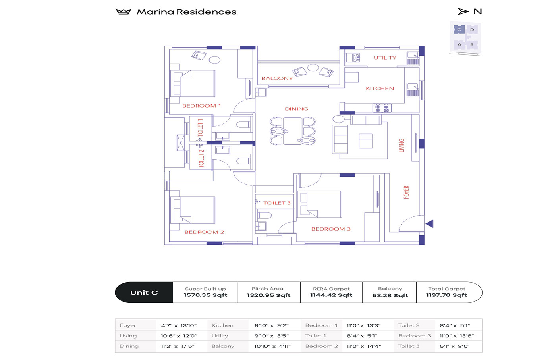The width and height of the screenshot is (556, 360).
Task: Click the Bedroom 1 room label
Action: (x=201, y=106)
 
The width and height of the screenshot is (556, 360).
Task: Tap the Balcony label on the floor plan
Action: (x=277, y=78)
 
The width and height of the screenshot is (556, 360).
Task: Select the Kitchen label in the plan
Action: (x=380, y=89)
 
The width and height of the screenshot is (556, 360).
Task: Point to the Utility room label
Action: (x=385, y=58)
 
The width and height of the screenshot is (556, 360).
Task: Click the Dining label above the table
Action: (x=296, y=109)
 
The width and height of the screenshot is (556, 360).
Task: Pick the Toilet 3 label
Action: (x=277, y=203)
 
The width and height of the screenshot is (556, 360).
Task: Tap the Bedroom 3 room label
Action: (x=331, y=229)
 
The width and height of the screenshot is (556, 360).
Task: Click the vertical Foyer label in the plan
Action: (x=406, y=192)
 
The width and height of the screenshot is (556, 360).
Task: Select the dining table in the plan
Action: (x=293, y=131)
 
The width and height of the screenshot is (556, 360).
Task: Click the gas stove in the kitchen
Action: (x=382, y=108)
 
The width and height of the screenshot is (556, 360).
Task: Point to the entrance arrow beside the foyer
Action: (x=429, y=224)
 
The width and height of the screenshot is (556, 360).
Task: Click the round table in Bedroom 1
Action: (x=214, y=60)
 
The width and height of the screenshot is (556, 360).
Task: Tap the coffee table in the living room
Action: (x=365, y=141)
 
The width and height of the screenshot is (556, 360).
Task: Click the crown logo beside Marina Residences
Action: (x=124, y=12)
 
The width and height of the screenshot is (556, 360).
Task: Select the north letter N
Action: (x=478, y=12)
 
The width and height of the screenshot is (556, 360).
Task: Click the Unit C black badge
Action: (x=144, y=293)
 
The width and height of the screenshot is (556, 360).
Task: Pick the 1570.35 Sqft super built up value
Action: (x=205, y=295)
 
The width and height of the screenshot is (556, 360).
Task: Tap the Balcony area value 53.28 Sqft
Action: (x=390, y=295)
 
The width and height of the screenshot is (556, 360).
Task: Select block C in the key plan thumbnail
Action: (x=459, y=29)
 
